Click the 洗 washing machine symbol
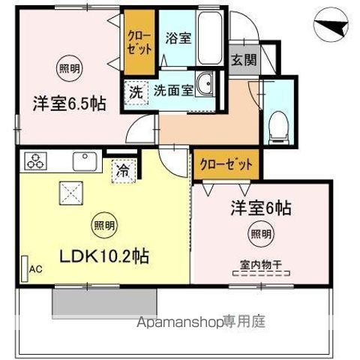click(x=135, y=93)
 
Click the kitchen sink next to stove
click(x=82, y=159)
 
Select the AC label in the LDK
click(x=35, y=267)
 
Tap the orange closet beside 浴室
click(x=139, y=40)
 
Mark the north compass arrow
click(x=330, y=28)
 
